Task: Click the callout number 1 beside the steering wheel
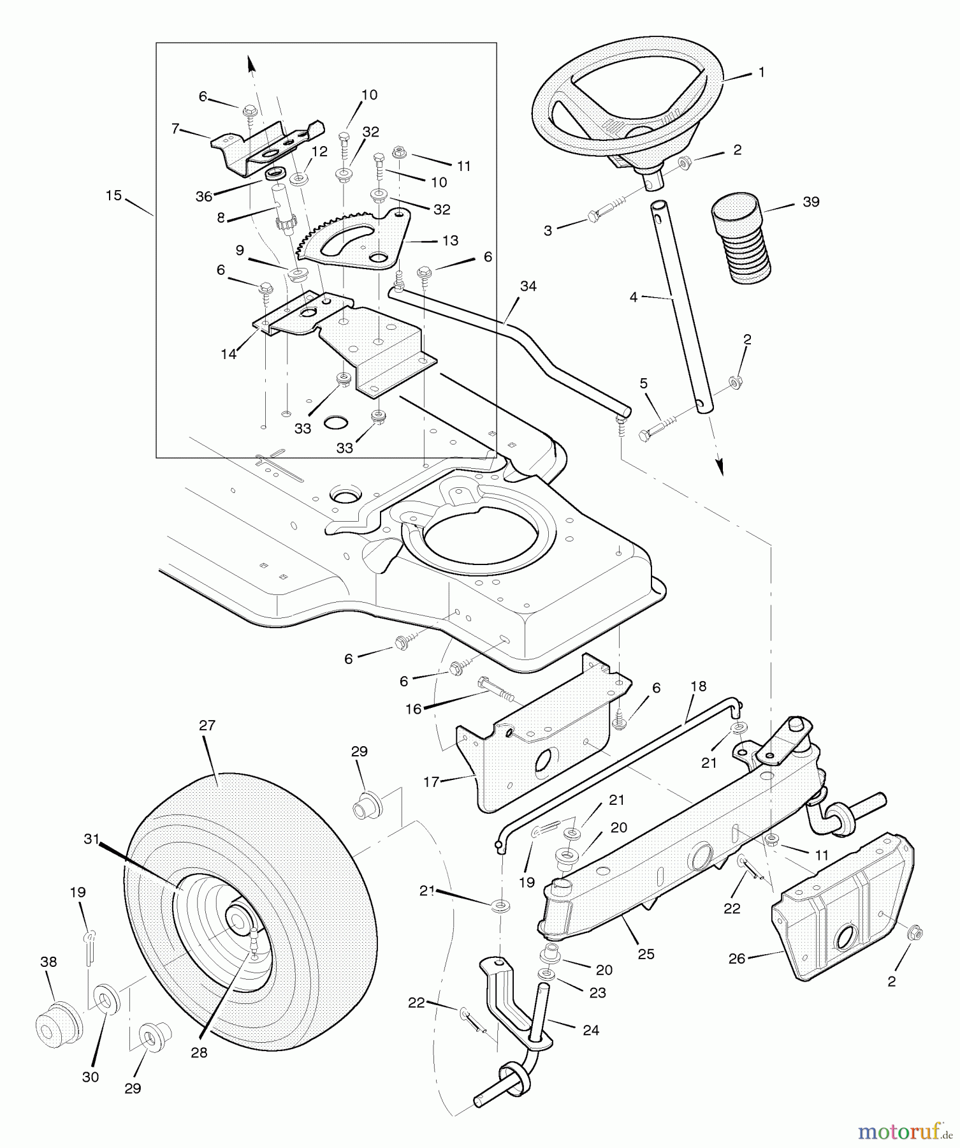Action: tap(761, 73)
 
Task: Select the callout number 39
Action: tap(810, 202)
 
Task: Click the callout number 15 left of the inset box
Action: tap(113, 196)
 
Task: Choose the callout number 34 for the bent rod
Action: tap(528, 287)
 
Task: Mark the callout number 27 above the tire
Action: tap(207, 726)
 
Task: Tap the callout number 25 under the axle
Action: tap(646, 954)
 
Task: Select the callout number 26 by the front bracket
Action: tap(736, 959)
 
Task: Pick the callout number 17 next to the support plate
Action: tap(432, 781)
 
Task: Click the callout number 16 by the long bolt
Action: tap(414, 709)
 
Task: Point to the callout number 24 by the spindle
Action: tap(591, 1030)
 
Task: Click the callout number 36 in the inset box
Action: tap(204, 197)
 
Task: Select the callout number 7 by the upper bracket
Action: tap(175, 129)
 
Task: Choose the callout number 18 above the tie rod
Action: tap(699, 687)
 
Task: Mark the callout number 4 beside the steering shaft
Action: tap(633, 297)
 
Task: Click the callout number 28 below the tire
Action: tap(199, 1053)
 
